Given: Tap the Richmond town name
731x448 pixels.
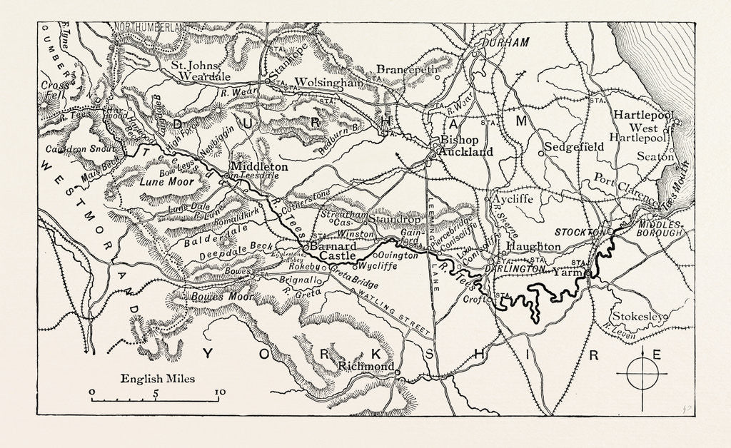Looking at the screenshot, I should click(x=366, y=367).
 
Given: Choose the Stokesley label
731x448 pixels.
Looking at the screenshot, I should click(x=637, y=316).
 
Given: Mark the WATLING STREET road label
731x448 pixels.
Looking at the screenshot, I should click(x=395, y=308).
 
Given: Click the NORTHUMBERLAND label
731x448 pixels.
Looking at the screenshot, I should click(x=153, y=26).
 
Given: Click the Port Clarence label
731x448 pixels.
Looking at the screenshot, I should click(x=615, y=185).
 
